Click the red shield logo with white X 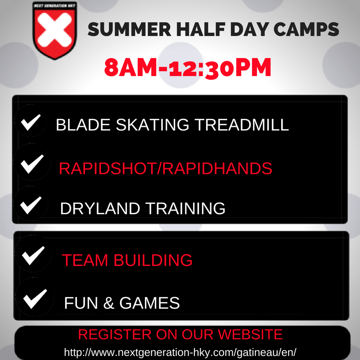click(x=54, y=31)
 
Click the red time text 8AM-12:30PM click(x=188, y=68)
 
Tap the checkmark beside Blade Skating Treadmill click(x=31, y=122)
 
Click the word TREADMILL click(x=242, y=125)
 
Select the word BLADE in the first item click(x=83, y=125)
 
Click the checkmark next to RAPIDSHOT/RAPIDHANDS click(x=32, y=164)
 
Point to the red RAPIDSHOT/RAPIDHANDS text click(x=166, y=168)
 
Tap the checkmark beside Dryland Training click(x=31, y=205)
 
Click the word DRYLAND click(x=100, y=208)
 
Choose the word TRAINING click(x=185, y=208)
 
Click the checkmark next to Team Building click(x=33, y=256)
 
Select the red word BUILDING click(x=153, y=260)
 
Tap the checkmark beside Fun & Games click(x=35, y=299)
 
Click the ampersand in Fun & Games click(x=108, y=303)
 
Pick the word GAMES click(x=149, y=303)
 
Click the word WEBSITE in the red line click(x=250, y=334)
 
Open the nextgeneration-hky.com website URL click(x=180, y=352)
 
